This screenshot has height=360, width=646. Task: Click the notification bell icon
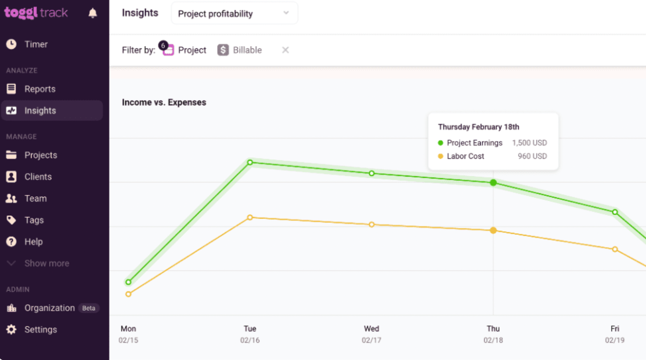[x=93, y=13]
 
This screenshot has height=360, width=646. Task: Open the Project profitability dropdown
[x=234, y=13]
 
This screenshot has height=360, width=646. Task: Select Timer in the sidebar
[x=36, y=44]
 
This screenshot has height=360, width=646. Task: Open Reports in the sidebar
[x=40, y=89]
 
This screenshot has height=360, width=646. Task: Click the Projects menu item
[x=40, y=155]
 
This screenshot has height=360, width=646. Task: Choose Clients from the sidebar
[x=38, y=177]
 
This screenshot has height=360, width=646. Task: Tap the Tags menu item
[x=34, y=220]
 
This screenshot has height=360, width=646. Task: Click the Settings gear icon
[x=11, y=329]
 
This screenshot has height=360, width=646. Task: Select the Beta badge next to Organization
[x=89, y=308]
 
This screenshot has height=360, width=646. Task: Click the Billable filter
[x=240, y=50]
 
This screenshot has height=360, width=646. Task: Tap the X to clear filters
[x=285, y=50]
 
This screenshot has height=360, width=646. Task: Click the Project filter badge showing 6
[x=163, y=45]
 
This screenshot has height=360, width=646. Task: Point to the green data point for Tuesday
[x=250, y=162]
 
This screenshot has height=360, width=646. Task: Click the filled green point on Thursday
[x=493, y=182]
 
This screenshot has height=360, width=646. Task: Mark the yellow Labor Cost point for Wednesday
[x=372, y=224]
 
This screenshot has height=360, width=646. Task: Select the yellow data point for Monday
[x=128, y=294]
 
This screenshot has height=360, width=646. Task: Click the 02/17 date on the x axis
[x=371, y=340]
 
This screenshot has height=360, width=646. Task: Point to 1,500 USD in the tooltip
[x=529, y=143]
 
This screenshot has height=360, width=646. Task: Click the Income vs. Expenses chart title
[x=164, y=103]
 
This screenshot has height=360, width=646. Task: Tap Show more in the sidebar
[x=47, y=263]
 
